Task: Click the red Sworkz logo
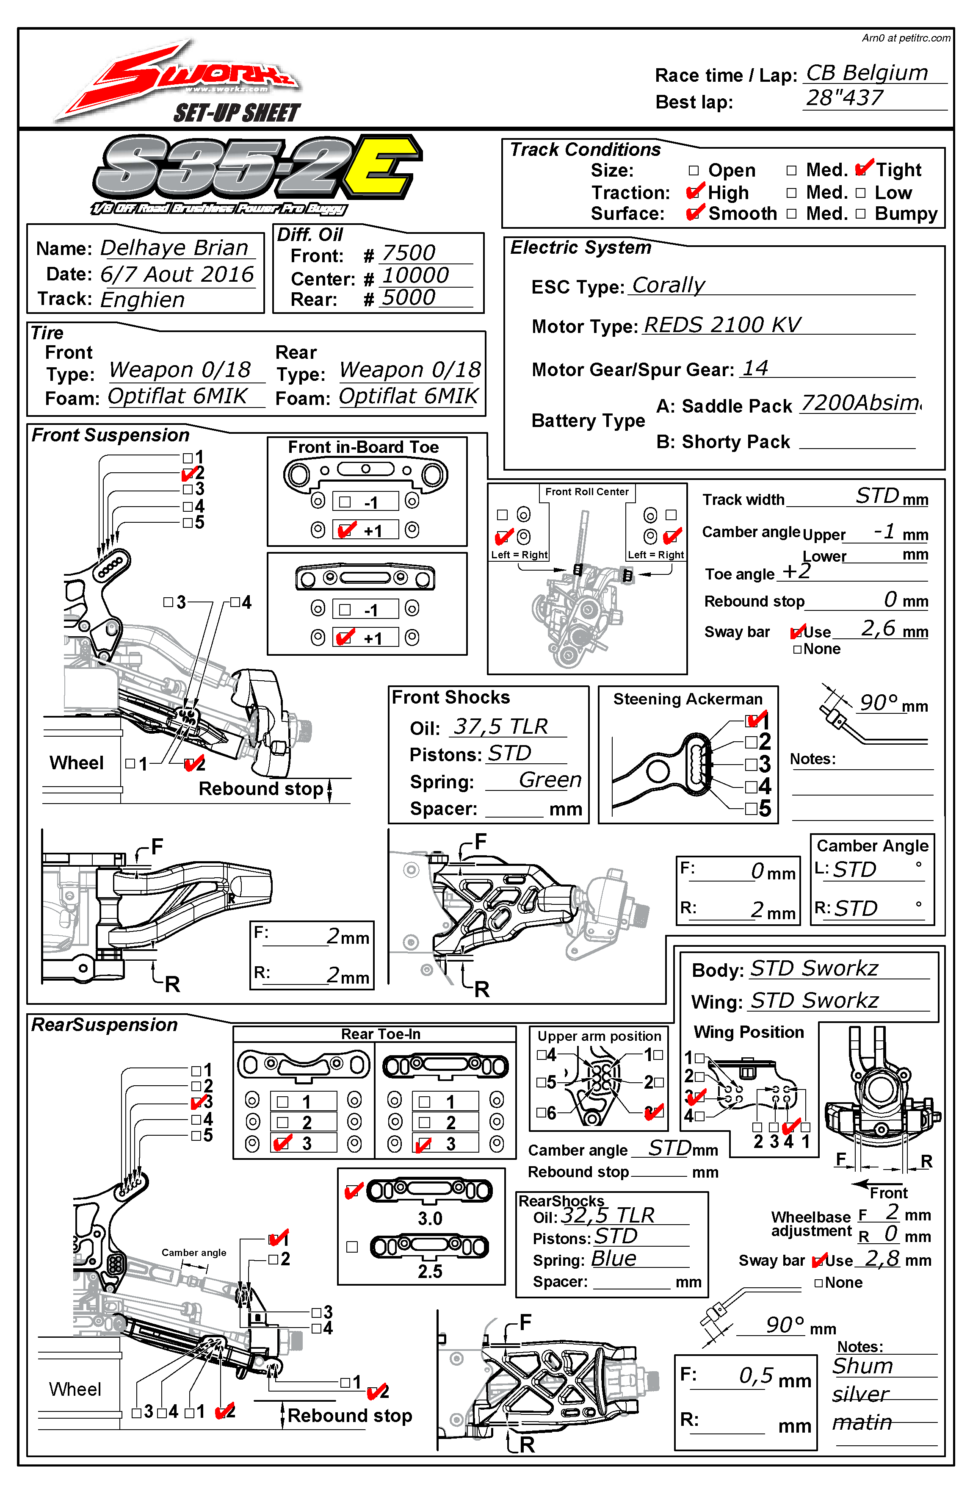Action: [x=187, y=78]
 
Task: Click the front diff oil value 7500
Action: [x=409, y=253]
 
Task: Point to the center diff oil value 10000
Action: [x=415, y=275]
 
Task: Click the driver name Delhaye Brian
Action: [x=175, y=248]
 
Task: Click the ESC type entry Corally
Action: [x=668, y=286]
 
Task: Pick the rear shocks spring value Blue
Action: [x=614, y=1258]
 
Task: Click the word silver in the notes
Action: [x=860, y=1394]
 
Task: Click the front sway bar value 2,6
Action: [x=878, y=628]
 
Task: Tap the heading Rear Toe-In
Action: [x=380, y=1034]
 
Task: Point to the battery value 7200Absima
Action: [x=860, y=403]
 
